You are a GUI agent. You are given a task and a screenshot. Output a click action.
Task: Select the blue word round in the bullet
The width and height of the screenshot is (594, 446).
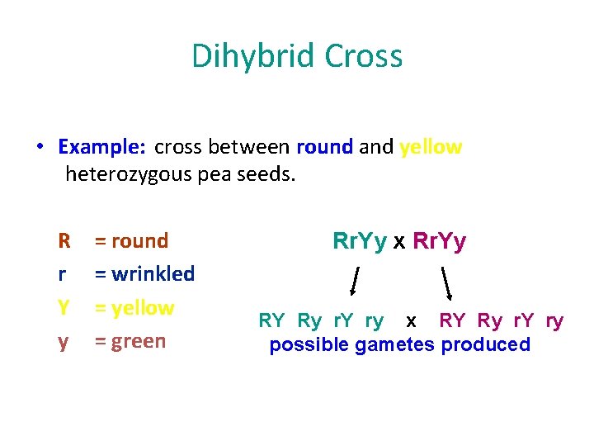(325, 147)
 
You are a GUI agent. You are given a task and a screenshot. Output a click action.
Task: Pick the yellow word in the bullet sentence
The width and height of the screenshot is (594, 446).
(431, 147)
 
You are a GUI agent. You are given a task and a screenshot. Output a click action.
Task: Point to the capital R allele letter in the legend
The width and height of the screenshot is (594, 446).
(64, 241)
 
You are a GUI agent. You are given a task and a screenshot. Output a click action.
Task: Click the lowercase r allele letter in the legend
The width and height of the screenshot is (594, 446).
(63, 274)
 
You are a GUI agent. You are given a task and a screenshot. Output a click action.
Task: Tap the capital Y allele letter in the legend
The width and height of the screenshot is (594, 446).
(64, 308)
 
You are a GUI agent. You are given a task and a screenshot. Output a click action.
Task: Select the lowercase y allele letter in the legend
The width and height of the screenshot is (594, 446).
(63, 342)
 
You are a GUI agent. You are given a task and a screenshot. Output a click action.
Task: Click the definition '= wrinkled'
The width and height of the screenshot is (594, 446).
(144, 273)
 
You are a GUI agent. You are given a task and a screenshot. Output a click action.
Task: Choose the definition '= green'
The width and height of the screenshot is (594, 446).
(130, 341)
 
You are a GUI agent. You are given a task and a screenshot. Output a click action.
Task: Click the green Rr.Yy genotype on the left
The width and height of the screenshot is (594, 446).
(360, 241)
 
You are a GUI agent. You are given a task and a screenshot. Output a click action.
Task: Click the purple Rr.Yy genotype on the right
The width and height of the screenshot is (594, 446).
(439, 241)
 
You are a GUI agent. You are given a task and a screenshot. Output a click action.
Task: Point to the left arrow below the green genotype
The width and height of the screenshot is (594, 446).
(355, 281)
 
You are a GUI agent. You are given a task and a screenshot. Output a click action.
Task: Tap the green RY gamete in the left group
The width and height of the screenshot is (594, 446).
(272, 320)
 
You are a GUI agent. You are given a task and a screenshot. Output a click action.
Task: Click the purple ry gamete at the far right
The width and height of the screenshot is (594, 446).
(554, 320)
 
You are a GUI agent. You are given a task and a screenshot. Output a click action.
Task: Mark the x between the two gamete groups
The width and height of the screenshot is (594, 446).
(411, 320)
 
